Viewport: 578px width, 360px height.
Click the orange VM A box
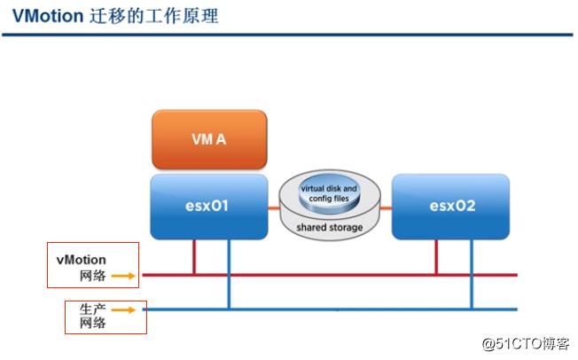tap(208, 139)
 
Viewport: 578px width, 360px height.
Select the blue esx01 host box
tap(208, 206)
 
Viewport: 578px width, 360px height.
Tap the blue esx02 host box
tap(450, 206)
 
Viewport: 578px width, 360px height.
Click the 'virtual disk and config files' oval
tap(330, 193)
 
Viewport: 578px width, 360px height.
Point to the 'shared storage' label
tap(330, 228)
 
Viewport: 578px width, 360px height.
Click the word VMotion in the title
tap(48, 17)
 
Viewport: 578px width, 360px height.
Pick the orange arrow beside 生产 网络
tap(125, 309)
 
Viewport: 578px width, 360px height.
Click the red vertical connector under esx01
tap(194, 256)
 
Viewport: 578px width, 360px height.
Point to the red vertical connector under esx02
tap(436, 256)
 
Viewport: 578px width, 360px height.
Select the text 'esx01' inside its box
tap(208, 206)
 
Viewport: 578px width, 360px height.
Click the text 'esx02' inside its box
tap(450, 206)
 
